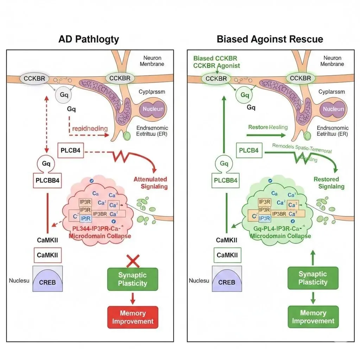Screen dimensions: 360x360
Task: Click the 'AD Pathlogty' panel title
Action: pyautogui.click(x=88, y=39)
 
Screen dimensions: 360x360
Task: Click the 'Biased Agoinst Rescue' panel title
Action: pyautogui.click(x=270, y=39)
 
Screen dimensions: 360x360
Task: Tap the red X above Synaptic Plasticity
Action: pyautogui.click(x=133, y=261)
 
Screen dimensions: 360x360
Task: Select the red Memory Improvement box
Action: pyautogui.click(x=132, y=317)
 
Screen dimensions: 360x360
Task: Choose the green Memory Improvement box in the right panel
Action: pyautogui.click(x=313, y=317)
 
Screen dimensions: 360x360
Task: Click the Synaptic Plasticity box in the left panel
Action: pyautogui.click(x=132, y=279)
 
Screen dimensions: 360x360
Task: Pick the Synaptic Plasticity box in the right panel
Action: pyautogui.click(x=313, y=278)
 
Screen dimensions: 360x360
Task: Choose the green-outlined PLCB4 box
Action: pyautogui.click(x=249, y=151)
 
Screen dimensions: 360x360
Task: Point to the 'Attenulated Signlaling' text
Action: pyautogui.click(x=150, y=183)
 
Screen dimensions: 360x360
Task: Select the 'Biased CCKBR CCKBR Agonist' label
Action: pyautogui.click(x=216, y=62)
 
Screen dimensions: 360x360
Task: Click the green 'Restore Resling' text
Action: pyautogui.click(x=268, y=127)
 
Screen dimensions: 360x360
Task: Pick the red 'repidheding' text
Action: pyautogui.click(x=90, y=128)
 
